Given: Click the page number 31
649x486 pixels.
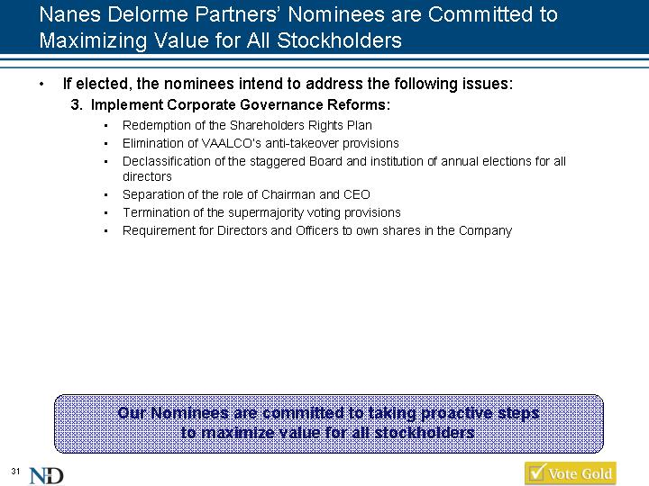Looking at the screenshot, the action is click(15, 471).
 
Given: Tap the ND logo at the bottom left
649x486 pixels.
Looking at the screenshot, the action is click(46, 476).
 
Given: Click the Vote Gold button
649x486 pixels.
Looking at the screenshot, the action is click(571, 473).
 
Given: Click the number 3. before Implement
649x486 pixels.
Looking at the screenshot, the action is click(77, 105).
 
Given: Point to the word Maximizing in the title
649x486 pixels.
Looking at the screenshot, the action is click(93, 40).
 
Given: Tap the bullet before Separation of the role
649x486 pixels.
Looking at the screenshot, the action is click(106, 195).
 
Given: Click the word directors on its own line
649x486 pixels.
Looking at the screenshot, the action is click(147, 176).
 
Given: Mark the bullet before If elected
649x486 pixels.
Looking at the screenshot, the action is click(41, 85).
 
